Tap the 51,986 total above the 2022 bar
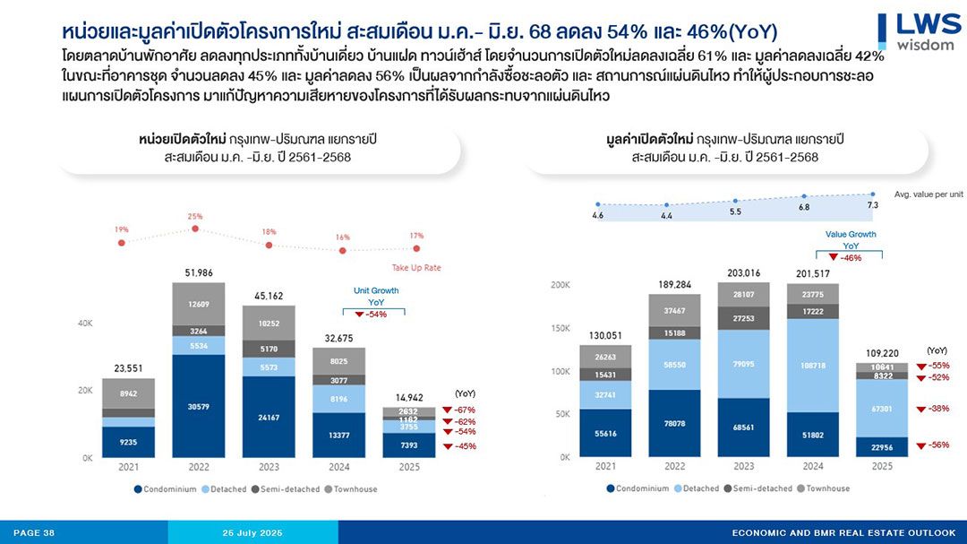[x=199, y=272]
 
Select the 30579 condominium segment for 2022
[x=199, y=406]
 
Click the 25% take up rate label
[x=195, y=216]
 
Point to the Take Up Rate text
[x=415, y=268]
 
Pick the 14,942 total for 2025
[x=409, y=397]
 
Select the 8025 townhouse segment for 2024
[x=338, y=361]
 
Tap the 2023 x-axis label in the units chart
[x=269, y=467]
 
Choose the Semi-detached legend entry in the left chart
[x=278, y=489]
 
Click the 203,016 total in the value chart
[x=744, y=273]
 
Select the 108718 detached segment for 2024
[x=813, y=366]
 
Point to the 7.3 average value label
[x=873, y=205]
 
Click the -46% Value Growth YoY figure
[x=851, y=258]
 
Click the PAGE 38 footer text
[x=34, y=533]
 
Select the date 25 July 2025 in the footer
[x=252, y=533]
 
